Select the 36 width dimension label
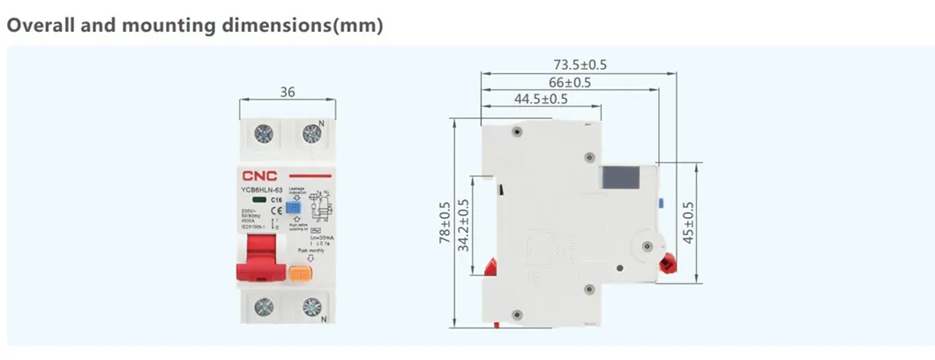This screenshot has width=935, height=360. pyautogui.click(x=288, y=92)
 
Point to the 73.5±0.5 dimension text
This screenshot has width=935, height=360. pyautogui.click(x=580, y=64)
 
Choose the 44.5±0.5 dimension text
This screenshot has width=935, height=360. pyautogui.click(x=541, y=99)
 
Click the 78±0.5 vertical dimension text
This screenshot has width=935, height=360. pyautogui.click(x=445, y=225)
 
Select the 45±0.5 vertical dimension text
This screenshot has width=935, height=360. pyautogui.click(x=689, y=222)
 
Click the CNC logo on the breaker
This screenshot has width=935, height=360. pyautogui.click(x=257, y=176)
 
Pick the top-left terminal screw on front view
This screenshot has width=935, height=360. pyautogui.click(x=263, y=134)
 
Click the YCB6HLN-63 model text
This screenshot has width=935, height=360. pyautogui.click(x=260, y=191)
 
